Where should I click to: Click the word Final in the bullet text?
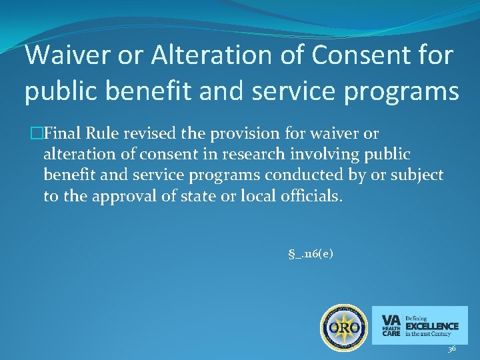pos(65,135)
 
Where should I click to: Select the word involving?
pos(323,155)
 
